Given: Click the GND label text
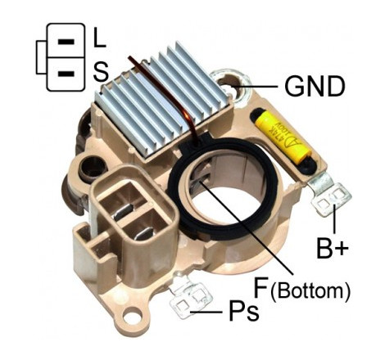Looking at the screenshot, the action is tap(315, 87).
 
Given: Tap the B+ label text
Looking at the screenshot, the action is tap(333, 248).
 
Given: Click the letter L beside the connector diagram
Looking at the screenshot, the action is tap(99, 38).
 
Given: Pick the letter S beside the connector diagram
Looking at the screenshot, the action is tap(101, 72).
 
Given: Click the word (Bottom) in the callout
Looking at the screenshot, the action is tap(310, 291).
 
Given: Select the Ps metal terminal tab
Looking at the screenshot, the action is tap(189, 298).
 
